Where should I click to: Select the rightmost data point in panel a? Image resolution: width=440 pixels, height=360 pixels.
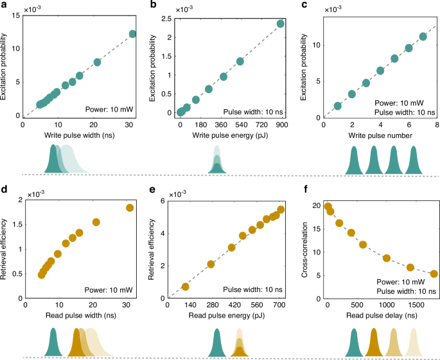[133, 34]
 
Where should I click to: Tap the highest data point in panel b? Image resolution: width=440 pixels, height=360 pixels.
[281, 24]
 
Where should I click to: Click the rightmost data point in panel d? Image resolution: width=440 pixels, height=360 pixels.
[130, 208]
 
